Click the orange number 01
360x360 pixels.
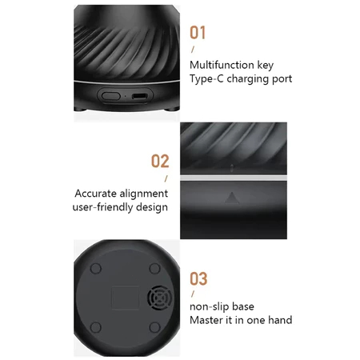(198, 33)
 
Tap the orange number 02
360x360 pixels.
(160, 161)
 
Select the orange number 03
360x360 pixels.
(198, 278)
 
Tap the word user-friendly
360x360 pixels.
(102, 207)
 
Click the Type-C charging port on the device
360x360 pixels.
(139, 96)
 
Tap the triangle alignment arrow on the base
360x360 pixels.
(232, 198)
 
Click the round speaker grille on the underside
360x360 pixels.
(159, 298)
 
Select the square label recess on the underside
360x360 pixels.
(125, 298)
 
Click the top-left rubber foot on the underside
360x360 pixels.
(96, 268)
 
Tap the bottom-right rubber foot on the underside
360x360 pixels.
(155, 327)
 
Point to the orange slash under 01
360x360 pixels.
(193, 50)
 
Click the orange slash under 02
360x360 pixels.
(166, 178)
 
